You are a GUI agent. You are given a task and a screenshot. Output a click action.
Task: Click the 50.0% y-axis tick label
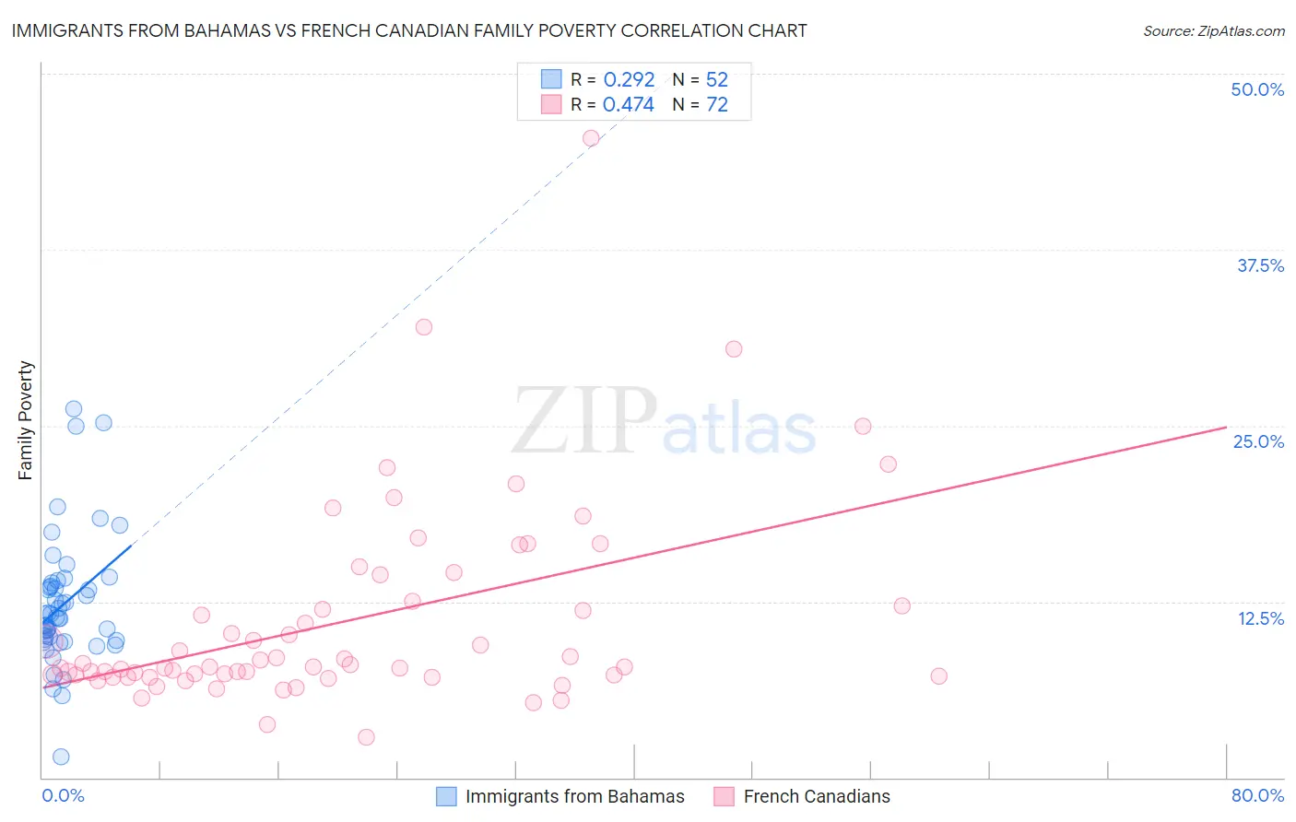coord(1257,89)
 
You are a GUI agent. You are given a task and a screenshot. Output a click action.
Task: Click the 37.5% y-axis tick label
coord(1260,265)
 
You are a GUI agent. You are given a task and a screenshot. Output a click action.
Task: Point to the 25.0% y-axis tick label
coord(1258,441)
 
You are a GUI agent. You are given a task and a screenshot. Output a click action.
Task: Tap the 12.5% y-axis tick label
coord(1260,618)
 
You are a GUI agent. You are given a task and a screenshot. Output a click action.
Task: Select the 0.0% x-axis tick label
coord(63,795)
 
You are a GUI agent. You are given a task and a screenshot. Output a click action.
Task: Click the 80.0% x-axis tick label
coord(1257,795)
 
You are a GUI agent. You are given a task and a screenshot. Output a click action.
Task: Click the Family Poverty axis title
coord(26,420)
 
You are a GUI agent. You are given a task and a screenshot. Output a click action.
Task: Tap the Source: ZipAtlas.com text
coord(1213,30)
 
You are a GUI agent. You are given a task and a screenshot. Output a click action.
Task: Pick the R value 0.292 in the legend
coord(629,80)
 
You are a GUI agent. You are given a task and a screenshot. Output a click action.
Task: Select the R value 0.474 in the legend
coord(629,105)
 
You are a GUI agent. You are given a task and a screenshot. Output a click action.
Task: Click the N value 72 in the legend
coord(717,105)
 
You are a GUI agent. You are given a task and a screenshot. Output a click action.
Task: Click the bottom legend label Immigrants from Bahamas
coord(574,796)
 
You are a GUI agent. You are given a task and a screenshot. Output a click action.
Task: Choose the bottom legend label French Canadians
coord(817,796)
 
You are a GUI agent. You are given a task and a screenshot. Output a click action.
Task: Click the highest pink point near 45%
coord(591,138)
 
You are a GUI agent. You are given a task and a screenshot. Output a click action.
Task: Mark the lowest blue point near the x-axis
coord(61,757)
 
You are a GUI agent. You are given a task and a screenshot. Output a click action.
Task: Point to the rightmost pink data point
coord(938,676)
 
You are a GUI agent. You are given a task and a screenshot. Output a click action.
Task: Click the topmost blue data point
coord(74,409)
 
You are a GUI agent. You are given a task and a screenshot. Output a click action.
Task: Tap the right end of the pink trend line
coord(1226,427)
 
